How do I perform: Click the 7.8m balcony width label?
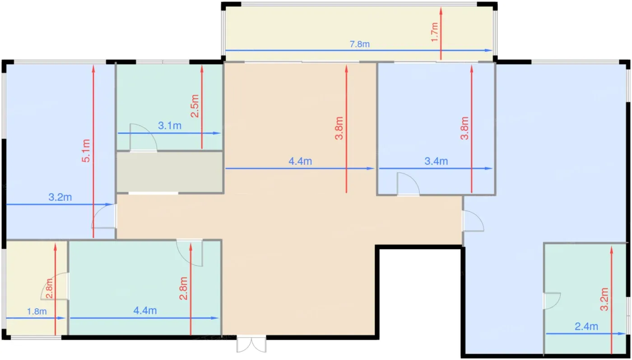point(359,44)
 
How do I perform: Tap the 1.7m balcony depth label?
point(435,32)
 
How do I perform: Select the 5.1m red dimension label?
point(86,151)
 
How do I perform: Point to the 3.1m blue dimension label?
point(170,126)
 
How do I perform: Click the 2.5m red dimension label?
point(195,106)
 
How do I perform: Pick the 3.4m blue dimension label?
point(436,161)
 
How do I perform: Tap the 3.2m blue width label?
point(60,197)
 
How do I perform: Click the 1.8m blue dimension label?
point(37,312)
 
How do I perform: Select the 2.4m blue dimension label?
point(586,327)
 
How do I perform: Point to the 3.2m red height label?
point(604,299)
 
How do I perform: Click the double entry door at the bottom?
point(251,343)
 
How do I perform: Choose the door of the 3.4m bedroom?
point(408,184)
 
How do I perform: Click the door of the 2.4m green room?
point(552,301)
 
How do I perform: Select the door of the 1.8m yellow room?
point(55,286)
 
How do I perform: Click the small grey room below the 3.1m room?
point(170,172)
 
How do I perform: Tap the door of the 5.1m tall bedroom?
point(103,216)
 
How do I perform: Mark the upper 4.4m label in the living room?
point(300,161)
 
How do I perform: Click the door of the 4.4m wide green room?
point(190,253)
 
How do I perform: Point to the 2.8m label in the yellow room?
point(49,288)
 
